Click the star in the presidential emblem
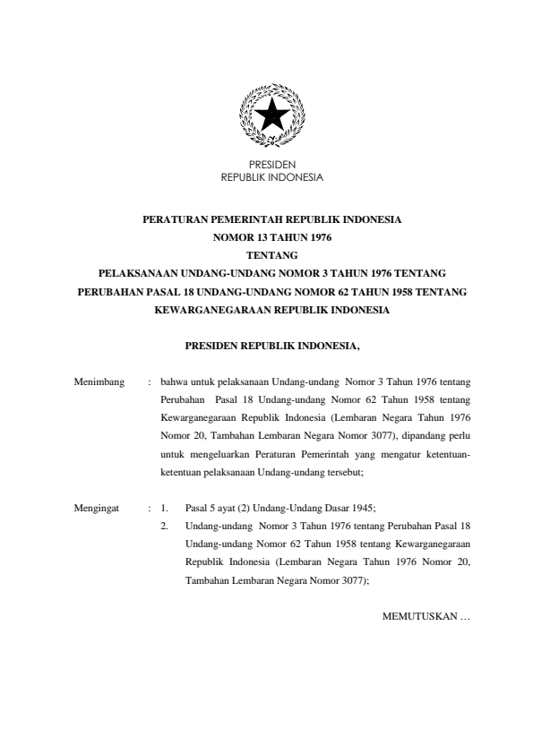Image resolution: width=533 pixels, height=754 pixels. [271, 116]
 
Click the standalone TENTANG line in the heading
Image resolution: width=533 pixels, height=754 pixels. [271, 253]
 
